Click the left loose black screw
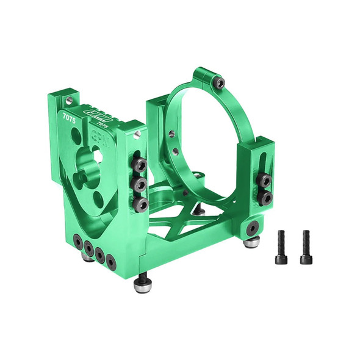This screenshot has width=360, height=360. coord(281,248)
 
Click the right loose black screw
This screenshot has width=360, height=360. coord(306,248)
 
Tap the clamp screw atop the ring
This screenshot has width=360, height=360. coord(219,82)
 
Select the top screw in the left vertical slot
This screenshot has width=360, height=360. coord(140,165)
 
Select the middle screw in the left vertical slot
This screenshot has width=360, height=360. coord(140,185)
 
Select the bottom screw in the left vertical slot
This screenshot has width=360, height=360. coord(140,204)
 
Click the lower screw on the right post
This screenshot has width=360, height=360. coord(265,198)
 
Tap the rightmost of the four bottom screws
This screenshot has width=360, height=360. coord(111,261)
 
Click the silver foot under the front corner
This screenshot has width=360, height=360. coord(142,285)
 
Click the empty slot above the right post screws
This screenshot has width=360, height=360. coord(264,160)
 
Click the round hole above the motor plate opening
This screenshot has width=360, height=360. coord(98,156)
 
